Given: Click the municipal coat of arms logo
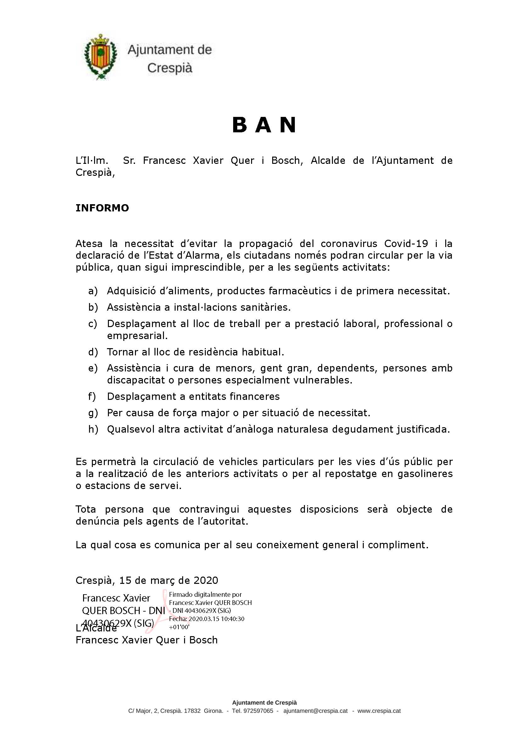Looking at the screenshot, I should point(100,57).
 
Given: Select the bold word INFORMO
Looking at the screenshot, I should point(102,208).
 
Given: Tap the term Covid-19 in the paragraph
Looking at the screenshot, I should point(406,244).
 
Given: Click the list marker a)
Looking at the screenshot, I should point(93,291).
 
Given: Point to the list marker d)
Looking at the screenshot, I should point(93,352).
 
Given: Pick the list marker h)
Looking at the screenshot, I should point(93,429).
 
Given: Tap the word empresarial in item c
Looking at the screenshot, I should point(137,336).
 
